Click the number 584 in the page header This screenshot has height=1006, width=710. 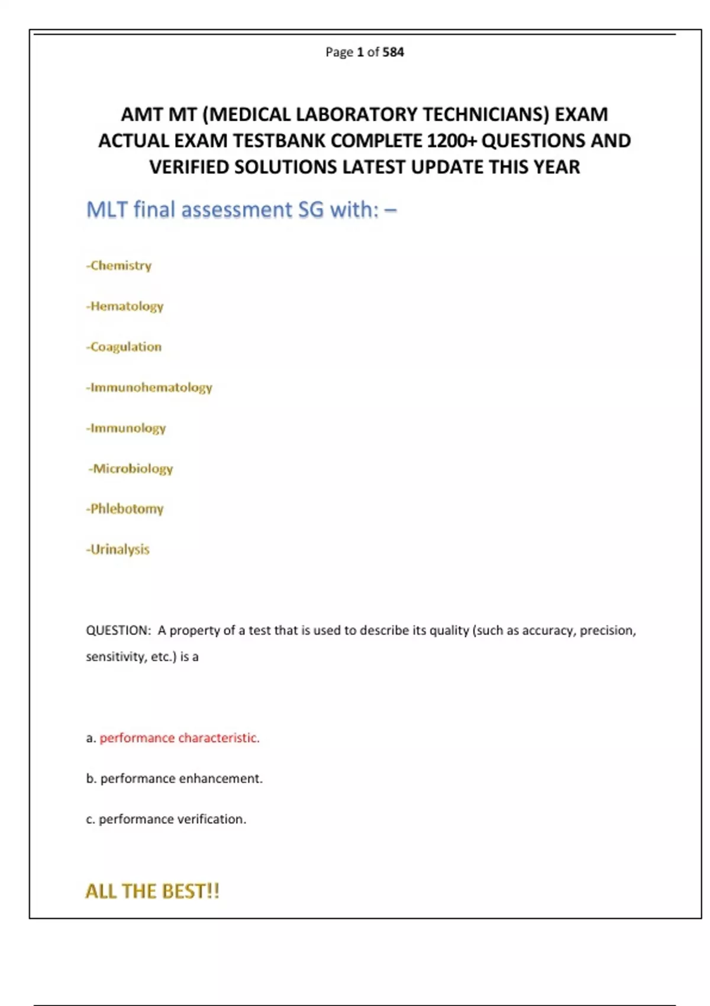pyautogui.click(x=393, y=52)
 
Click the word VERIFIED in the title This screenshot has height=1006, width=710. pyautogui.click(x=189, y=167)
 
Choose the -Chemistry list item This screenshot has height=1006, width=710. pyautogui.click(x=119, y=266)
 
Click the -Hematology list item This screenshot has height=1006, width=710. pyautogui.click(x=125, y=307)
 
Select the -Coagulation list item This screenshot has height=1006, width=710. pyautogui.click(x=124, y=347)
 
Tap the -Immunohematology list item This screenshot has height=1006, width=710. pyautogui.click(x=149, y=388)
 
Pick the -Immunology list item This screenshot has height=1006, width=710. pyautogui.click(x=126, y=428)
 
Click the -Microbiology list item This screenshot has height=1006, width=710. pyautogui.click(x=131, y=469)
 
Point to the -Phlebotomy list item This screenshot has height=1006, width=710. pyautogui.click(x=125, y=509)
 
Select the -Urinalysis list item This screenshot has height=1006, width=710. pyautogui.click(x=118, y=550)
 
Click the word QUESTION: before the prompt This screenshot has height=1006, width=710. pyautogui.click(x=118, y=631)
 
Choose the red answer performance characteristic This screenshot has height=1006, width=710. pyautogui.click(x=179, y=738)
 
